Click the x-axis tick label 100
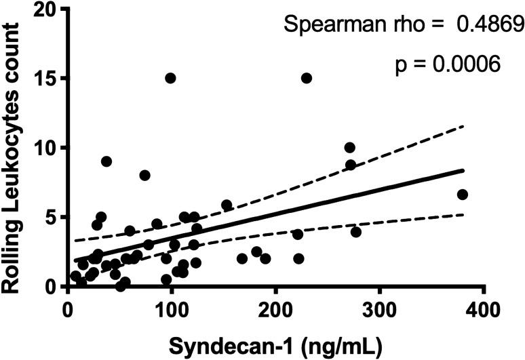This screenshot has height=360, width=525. pos(171,309)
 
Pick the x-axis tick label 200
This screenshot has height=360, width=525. pos(275,309)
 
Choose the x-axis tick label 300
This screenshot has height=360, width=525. pos(379,309)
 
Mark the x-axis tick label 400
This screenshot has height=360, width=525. pos(484,309)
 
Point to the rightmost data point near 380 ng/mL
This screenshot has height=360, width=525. pos(463,195)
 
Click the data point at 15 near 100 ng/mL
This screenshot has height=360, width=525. pos(171,78)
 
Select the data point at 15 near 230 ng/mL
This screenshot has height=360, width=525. pos(307,78)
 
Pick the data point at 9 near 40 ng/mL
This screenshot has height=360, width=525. pos(106,161)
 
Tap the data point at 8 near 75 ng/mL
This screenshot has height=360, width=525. pos(144,175)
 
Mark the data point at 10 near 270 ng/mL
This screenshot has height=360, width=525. pos(350,148)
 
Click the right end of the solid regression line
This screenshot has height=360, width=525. pos(463,171)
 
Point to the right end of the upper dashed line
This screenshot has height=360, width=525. pos(463,126)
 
